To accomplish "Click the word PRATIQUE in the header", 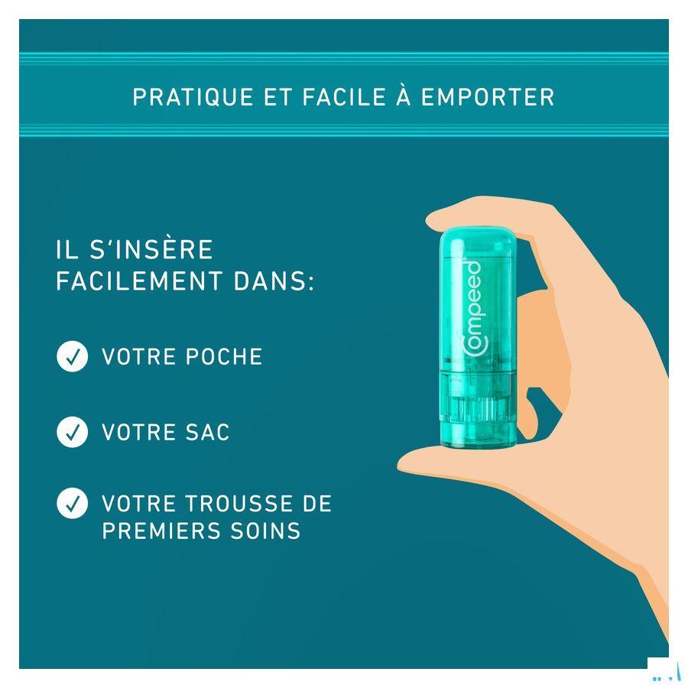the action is coord(193,97).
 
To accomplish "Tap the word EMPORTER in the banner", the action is coord(488,97).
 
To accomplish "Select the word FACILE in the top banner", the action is coord(344,97).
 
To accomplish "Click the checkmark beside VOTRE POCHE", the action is coord(73,356).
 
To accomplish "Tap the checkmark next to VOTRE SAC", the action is coord(73,432).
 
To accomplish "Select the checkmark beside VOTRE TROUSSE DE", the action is coord(73,503).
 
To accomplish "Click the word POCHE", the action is coord(224,356).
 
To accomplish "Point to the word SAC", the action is coord(207,432).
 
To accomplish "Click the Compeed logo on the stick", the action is coord(472,309).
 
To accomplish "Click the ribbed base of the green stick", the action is coord(479,409).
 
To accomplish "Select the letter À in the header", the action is coord(403,96).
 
